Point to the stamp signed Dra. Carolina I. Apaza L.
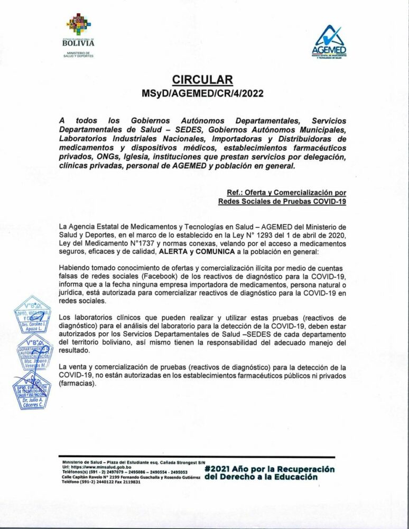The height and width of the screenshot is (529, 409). pyautogui.click(x=32, y=314)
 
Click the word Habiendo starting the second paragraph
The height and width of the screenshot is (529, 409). pyautogui.click(x=74, y=268)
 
